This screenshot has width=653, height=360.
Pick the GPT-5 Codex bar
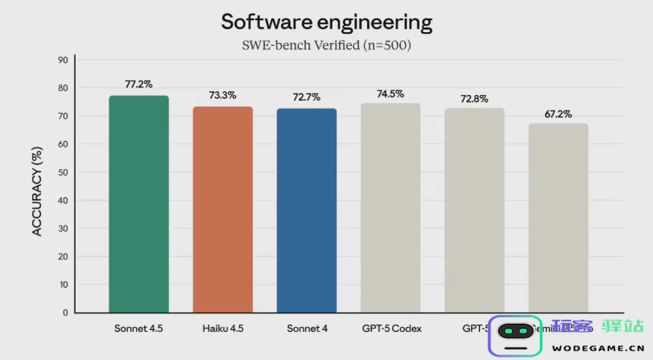click(x=391, y=208)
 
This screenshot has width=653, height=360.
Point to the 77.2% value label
click(x=138, y=84)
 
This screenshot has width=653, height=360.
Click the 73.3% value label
click(x=222, y=95)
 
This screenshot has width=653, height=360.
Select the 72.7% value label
click(x=306, y=97)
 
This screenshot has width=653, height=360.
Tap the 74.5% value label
click(x=391, y=93)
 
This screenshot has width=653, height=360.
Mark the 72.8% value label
click(x=474, y=98)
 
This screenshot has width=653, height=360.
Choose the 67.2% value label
click(x=558, y=114)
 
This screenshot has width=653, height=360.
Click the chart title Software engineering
click(x=326, y=22)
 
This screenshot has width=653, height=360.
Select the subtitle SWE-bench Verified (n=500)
click(x=326, y=46)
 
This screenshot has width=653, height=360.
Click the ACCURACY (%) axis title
click(x=37, y=186)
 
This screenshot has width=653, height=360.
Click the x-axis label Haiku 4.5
click(x=222, y=329)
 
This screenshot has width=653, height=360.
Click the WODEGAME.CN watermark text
click(x=597, y=349)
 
